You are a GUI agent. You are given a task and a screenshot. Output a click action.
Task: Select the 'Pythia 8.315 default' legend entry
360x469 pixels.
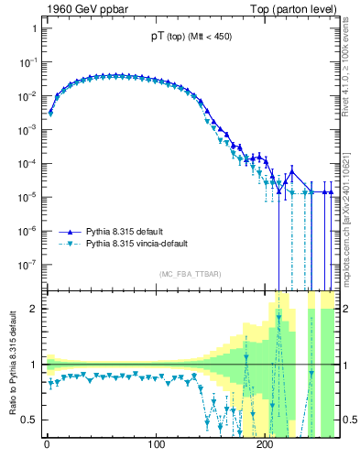pyautogui.click(x=127, y=233)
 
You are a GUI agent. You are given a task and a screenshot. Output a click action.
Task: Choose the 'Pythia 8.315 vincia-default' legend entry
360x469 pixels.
pyautogui.click(x=141, y=245)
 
